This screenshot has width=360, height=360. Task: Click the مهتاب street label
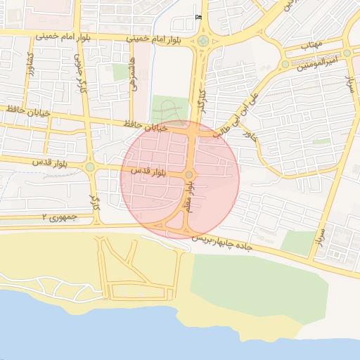tap(310, 44)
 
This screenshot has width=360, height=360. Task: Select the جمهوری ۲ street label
tap(58, 218)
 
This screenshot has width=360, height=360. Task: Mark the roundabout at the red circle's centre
tap(188, 174)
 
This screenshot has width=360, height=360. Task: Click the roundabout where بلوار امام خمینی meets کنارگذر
tap(203, 41)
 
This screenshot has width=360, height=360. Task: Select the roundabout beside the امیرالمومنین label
tap(285, 64)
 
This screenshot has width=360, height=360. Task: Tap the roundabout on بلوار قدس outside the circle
tap(90, 167)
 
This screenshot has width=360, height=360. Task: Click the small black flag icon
tap(198, 16)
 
